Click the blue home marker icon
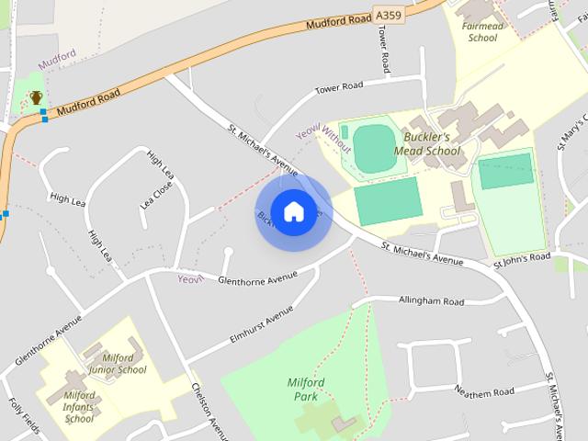pyautogui.click(x=293, y=211)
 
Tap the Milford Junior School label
pyautogui.click(x=118, y=364)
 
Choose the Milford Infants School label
pyautogui.click(x=79, y=407)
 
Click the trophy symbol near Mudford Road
pyautogui.click(x=36, y=97)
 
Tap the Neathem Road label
pyautogui.click(x=484, y=391)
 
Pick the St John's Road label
pyautogui.click(x=521, y=258)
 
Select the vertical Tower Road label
pyautogui.click(x=384, y=49)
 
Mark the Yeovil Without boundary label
pyautogui.click(x=323, y=135)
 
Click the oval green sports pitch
pyautogui.click(x=372, y=147)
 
